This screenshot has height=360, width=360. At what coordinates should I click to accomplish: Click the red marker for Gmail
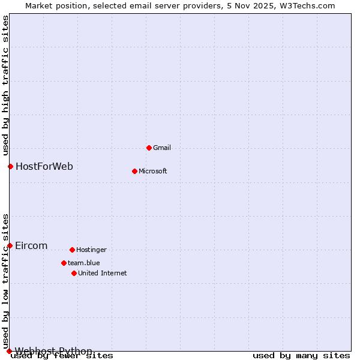(149, 148)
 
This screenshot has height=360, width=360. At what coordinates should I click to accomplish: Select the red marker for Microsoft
(134, 171)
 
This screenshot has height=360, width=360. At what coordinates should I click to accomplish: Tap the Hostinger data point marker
(72, 250)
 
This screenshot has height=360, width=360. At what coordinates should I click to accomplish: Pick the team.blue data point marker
(64, 263)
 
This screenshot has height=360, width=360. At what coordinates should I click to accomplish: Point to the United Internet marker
(74, 273)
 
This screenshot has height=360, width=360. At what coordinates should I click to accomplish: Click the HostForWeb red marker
(10, 166)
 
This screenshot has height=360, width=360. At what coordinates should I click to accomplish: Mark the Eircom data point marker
(10, 245)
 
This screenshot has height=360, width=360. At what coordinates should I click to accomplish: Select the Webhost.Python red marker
(9, 351)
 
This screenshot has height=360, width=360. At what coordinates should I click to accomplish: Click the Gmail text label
(162, 148)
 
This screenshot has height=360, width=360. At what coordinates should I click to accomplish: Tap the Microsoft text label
(152, 171)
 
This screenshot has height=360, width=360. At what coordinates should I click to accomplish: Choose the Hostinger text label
(91, 250)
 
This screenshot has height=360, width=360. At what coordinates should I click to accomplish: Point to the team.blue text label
(83, 263)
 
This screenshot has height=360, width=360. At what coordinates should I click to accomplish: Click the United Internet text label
(102, 273)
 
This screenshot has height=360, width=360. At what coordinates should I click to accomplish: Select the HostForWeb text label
(44, 166)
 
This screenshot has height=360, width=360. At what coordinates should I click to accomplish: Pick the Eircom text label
(31, 245)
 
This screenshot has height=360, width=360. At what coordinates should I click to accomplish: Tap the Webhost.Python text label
(53, 351)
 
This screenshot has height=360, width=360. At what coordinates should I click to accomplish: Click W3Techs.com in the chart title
(311, 5)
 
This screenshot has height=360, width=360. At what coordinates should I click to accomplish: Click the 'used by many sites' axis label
(301, 356)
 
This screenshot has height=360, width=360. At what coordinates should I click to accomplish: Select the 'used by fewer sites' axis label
(62, 356)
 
